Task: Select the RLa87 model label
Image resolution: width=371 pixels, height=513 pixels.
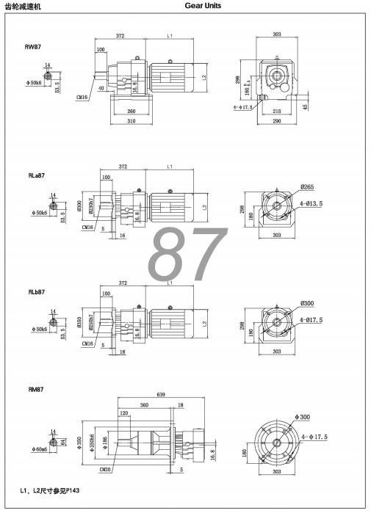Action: (36, 176)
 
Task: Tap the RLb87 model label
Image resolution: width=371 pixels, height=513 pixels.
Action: (36, 291)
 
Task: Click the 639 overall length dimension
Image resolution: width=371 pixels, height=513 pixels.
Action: (171, 395)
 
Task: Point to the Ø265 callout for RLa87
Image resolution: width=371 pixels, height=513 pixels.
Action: (306, 186)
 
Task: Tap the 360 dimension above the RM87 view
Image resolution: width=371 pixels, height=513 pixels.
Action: (145, 405)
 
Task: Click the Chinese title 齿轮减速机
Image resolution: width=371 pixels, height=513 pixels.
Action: (24, 6)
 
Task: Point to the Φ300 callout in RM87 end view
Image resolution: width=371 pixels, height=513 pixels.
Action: (303, 417)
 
